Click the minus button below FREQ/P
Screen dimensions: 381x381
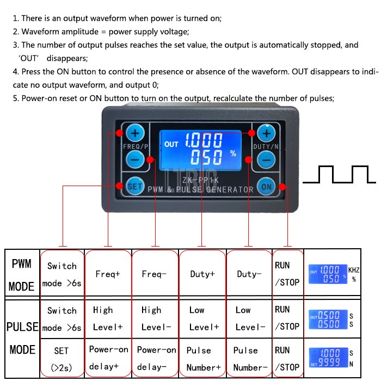135,159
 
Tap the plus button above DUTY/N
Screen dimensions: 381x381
266,133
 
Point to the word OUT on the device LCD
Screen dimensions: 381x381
171,144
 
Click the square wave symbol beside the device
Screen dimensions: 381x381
339,174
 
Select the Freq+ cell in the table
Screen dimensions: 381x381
108,274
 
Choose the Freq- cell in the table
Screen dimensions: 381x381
155,274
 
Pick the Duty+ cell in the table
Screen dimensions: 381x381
202,274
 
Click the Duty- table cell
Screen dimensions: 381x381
249,274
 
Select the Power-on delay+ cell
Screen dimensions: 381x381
108,358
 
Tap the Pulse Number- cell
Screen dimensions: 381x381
249,358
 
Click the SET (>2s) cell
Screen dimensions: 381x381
62,358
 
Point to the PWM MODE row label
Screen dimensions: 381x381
22,274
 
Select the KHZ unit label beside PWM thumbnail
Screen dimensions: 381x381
353,269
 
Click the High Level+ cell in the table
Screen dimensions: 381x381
108,318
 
